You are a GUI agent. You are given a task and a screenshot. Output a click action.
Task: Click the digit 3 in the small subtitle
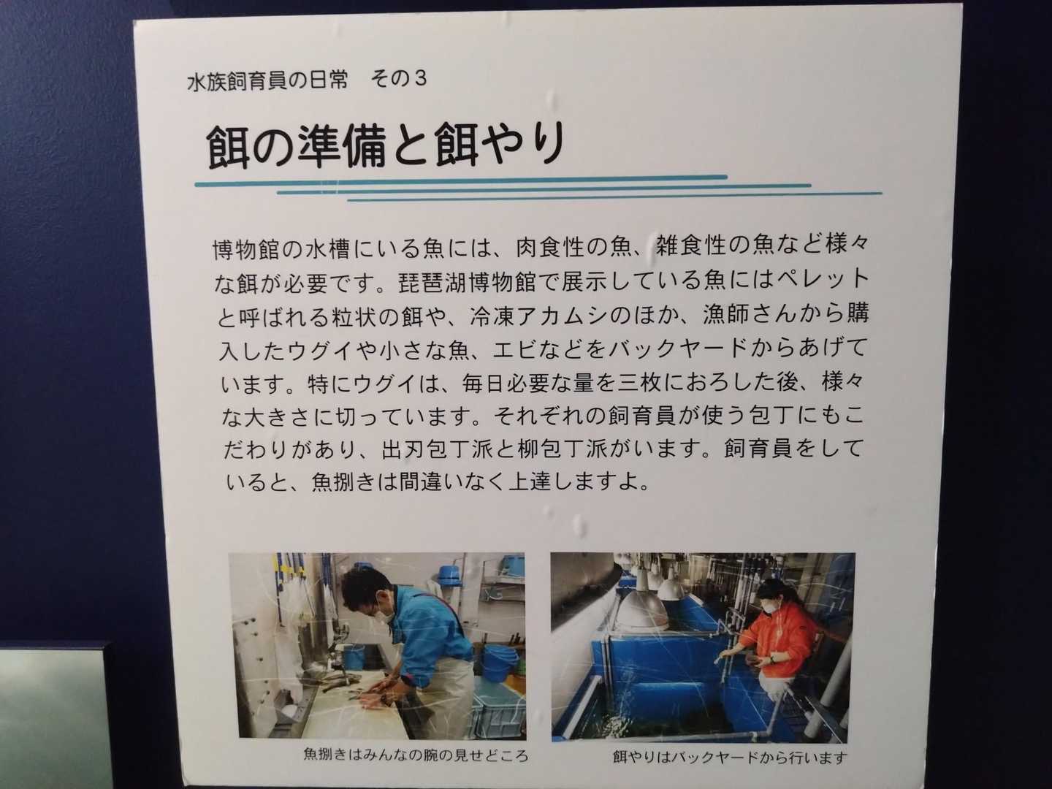point(420,79)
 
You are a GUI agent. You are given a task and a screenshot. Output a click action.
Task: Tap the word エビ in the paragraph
point(514,349)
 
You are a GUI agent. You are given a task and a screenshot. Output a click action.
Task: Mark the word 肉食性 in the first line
point(549,247)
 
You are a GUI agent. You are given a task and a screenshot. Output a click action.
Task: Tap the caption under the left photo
point(416,755)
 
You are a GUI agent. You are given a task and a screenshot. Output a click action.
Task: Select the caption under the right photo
point(730,757)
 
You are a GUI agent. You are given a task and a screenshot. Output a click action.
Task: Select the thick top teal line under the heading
point(461,180)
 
